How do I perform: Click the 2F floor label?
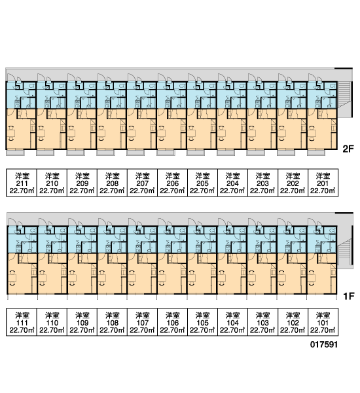click(x=348, y=149)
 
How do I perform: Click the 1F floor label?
click(x=348, y=296)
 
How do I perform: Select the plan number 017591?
click(x=324, y=345)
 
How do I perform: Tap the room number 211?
click(x=22, y=183)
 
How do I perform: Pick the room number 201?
click(x=323, y=183)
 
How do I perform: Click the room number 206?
click(x=172, y=183)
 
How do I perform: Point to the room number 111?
click(x=22, y=323)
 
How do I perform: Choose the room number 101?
click(x=323, y=323)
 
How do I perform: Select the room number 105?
click(x=202, y=323)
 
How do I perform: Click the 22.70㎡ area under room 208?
click(x=112, y=191)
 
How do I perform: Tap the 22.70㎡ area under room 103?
click(x=262, y=330)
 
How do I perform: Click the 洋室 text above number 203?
click(x=262, y=176)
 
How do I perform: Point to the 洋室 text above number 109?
click(x=82, y=315)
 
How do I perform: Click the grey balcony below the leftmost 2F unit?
click(x=15, y=153)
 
